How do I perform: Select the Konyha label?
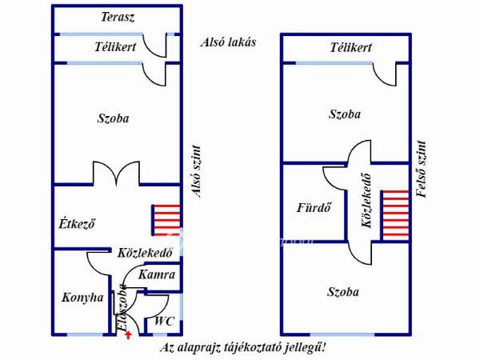82,297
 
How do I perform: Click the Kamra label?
157,274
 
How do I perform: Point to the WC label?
164,321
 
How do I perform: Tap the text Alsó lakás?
228,42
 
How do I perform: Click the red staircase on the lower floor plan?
165,220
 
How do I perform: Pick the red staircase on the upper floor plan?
394,214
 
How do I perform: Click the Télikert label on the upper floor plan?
350,48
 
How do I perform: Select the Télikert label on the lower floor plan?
115,47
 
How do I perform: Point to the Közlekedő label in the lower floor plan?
146,253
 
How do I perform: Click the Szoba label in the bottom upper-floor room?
343,292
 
